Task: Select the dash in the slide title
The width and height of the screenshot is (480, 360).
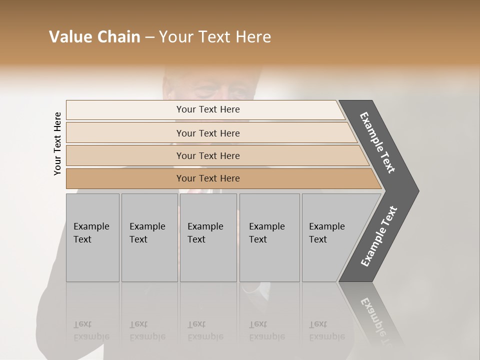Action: point(149,37)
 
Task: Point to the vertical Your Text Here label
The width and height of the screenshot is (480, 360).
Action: point(57,143)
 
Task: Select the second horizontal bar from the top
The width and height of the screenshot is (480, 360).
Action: point(208,133)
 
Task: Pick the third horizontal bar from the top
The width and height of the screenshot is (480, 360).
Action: point(208,155)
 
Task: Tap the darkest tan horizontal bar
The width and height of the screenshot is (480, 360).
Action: point(208,178)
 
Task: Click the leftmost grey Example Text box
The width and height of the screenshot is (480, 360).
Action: point(92,237)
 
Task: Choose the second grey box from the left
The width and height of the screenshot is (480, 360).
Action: point(149,237)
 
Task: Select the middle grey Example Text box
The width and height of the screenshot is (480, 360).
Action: point(208,237)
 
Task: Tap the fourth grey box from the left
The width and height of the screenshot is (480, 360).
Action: point(269,237)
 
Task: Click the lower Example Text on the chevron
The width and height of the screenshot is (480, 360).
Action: point(379,236)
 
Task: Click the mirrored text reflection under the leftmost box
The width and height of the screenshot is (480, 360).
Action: point(91,330)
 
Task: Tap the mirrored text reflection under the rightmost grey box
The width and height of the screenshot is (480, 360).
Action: point(326,330)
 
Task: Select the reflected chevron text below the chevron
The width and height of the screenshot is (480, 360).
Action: point(378,320)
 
